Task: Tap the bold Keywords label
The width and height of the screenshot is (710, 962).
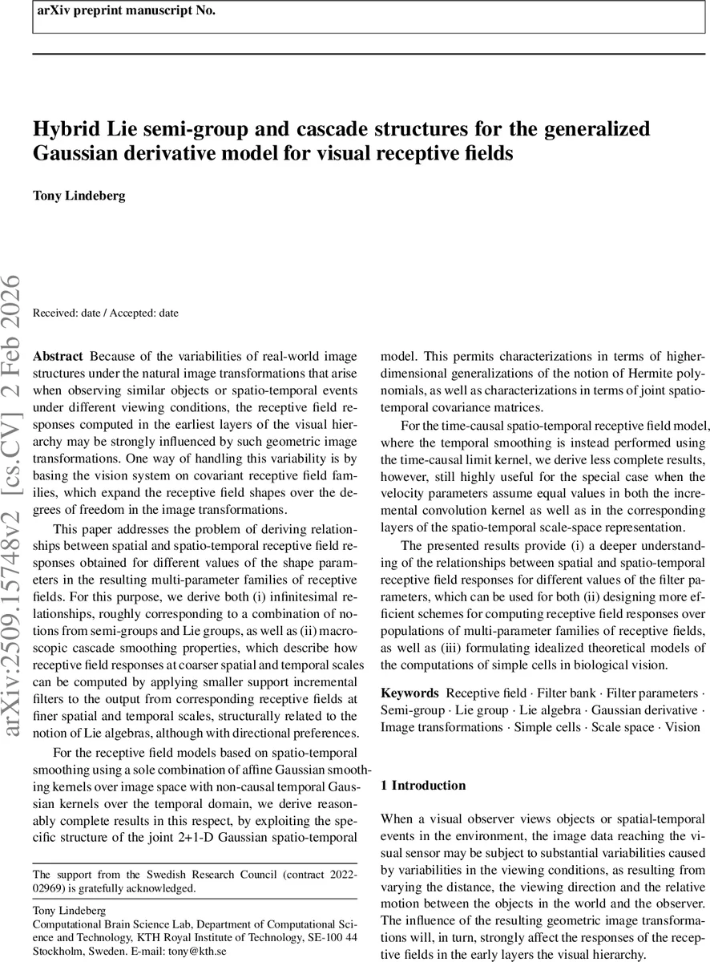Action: pyautogui.click(x=409, y=693)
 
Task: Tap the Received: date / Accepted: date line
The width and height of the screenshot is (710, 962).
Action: pyautogui.click(x=105, y=313)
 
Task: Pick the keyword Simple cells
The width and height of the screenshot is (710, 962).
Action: pyautogui.click(x=547, y=728)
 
